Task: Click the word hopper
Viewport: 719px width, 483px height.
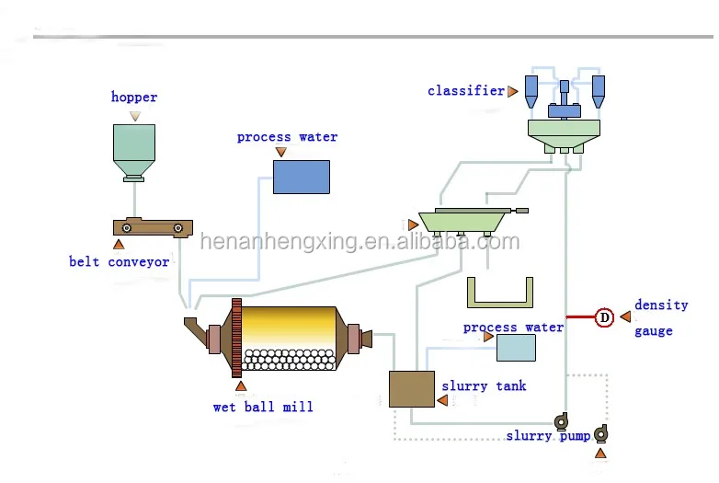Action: [x=134, y=98]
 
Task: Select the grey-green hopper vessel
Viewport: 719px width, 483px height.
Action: [x=134, y=149]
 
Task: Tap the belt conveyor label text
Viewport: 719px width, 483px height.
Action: [x=120, y=262]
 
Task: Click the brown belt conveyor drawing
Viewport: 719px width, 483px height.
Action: [x=153, y=227]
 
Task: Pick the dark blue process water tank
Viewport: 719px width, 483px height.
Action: [x=301, y=176]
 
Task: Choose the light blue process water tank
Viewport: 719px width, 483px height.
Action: [x=516, y=347]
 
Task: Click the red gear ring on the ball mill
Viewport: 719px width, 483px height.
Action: [x=236, y=337]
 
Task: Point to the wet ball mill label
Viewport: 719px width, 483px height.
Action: [x=263, y=407]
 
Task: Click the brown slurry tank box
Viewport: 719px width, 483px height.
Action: [x=411, y=388]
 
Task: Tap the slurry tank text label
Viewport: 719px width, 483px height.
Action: [x=484, y=386]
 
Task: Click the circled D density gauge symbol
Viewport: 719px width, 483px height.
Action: [x=604, y=317]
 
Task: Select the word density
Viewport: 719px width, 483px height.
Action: [x=660, y=305]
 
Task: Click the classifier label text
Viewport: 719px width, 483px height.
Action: [x=466, y=91]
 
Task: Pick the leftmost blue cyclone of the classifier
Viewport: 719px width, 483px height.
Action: [x=531, y=88]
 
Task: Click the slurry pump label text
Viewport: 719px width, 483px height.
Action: [x=548, y=436]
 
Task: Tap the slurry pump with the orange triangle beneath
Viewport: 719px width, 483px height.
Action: [x=600, y=432]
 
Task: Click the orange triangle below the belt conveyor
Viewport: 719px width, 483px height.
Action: [x=118, y=245]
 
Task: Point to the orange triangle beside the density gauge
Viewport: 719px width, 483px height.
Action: [x=625, y=316]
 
